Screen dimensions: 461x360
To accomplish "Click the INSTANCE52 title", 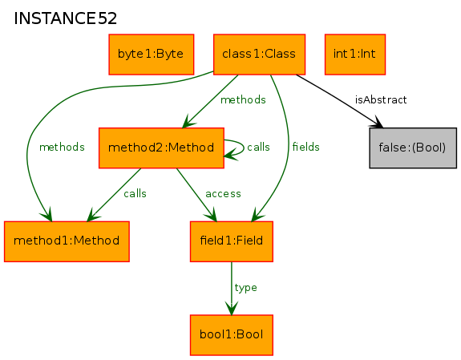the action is [65, 18].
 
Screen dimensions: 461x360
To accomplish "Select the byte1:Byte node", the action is [151, 55].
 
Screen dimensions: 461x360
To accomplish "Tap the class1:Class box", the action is [259, 55].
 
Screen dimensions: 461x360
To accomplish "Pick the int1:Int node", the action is [355, 55].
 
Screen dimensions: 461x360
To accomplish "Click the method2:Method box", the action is [161, 148].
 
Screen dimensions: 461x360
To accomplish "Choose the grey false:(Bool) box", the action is [413, 148].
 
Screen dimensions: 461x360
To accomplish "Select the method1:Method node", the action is [67, 241].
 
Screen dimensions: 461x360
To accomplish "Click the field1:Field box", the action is [232, 241].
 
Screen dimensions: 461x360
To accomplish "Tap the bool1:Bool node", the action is [232, 335].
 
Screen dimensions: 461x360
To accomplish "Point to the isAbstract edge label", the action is [381, 100].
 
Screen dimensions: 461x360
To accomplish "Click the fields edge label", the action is [305, 147].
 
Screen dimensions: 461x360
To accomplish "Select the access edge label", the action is [223, 194].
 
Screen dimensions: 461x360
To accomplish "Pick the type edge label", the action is [246, 288].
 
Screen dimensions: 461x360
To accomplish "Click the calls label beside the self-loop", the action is [258, 147].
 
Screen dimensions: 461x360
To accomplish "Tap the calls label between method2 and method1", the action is [135, 193].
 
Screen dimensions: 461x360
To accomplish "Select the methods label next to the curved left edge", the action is [62, 147].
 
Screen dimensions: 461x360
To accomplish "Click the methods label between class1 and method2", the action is [243, 100].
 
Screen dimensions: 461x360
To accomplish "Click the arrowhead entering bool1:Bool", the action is [232, 308].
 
